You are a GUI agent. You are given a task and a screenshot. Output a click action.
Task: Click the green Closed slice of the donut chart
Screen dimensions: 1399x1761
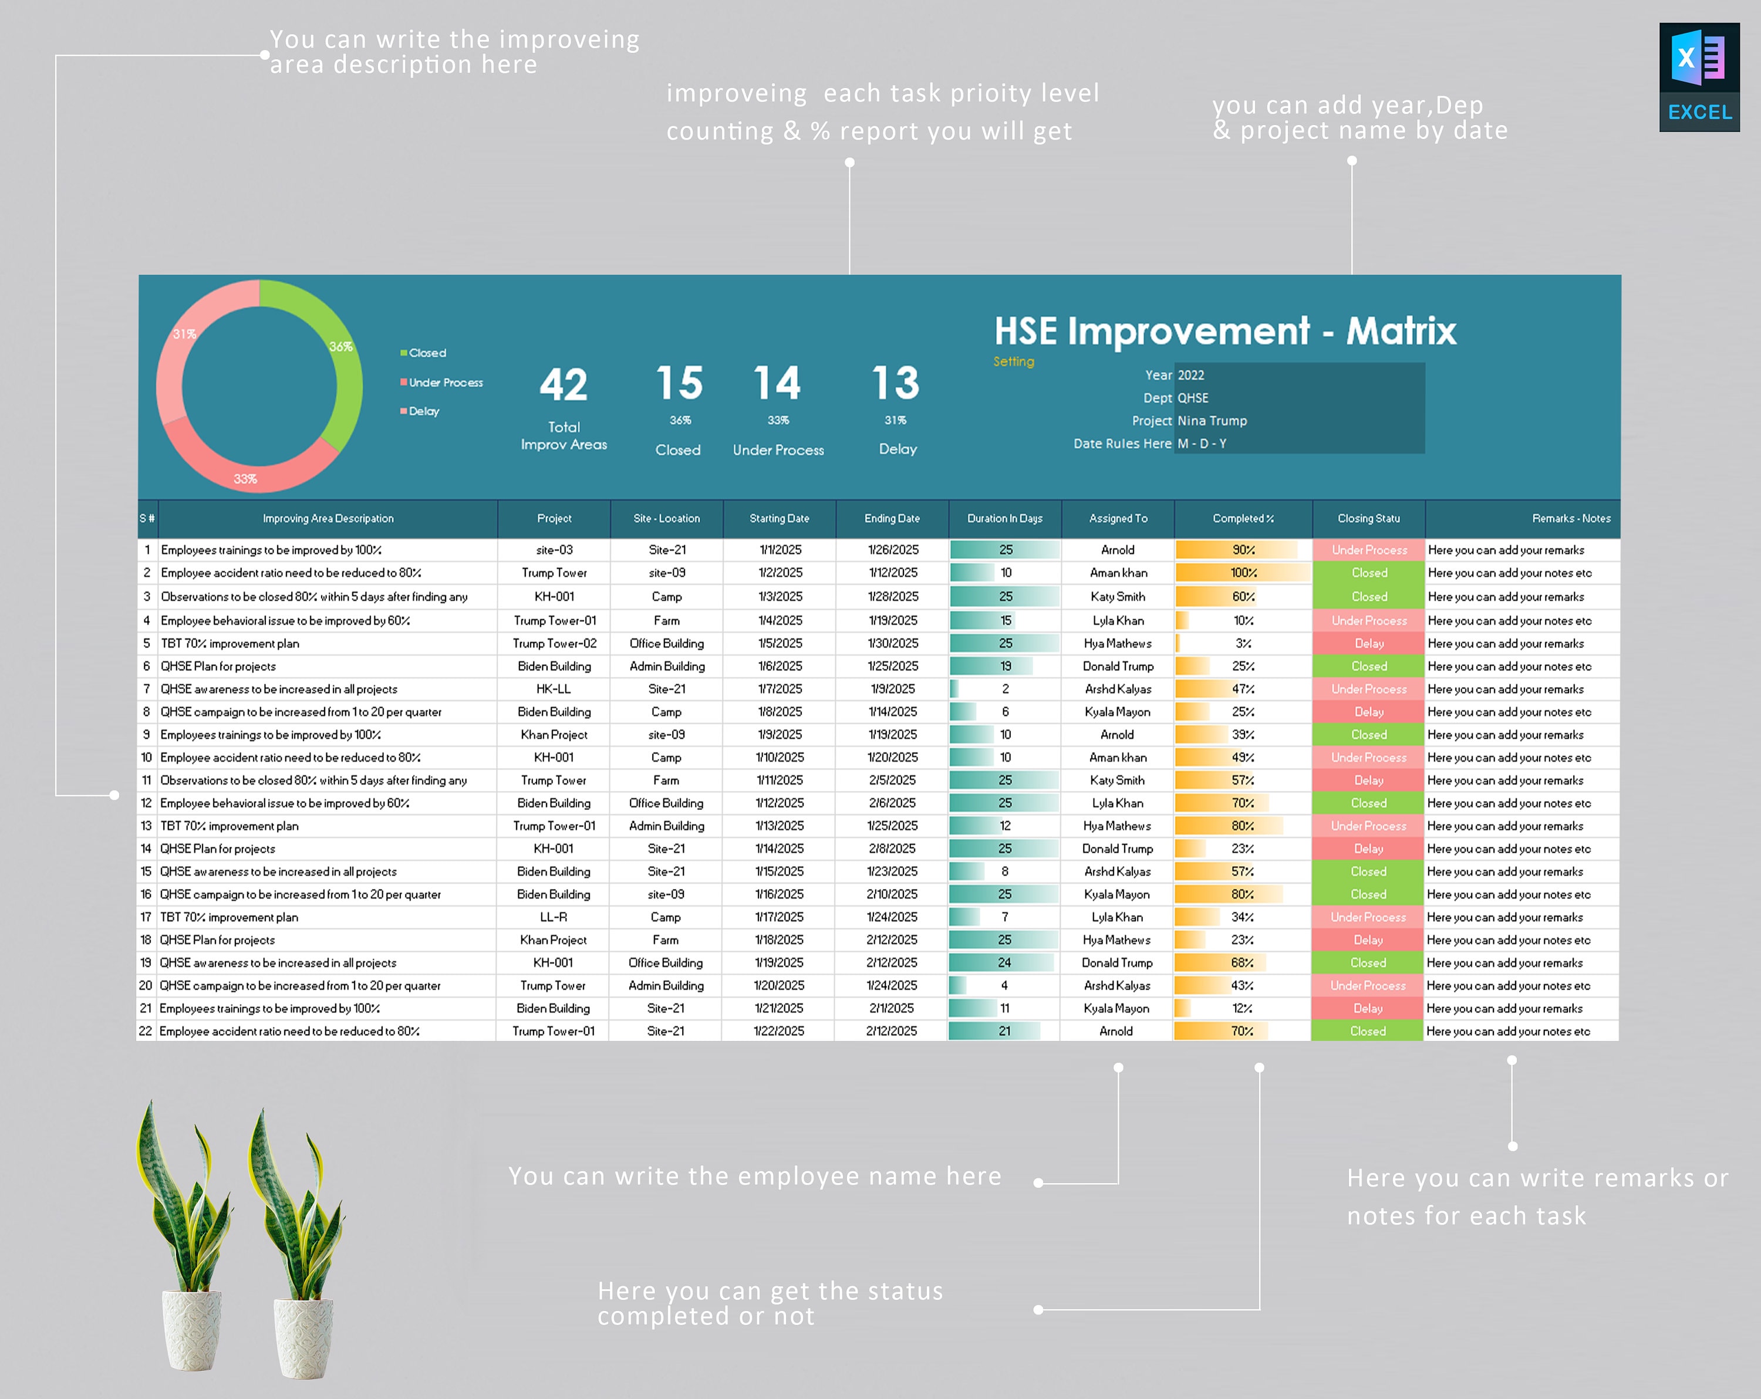tap(343, 367)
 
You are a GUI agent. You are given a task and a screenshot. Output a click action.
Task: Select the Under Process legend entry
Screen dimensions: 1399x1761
tap(445, 382)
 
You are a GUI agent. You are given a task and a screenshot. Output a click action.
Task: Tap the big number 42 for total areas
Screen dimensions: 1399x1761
tap(564, 384)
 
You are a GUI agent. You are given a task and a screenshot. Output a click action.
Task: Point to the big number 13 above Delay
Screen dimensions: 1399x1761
tap(895, 383)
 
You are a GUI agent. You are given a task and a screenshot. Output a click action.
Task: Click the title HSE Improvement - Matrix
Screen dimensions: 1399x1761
tap(1224, 331)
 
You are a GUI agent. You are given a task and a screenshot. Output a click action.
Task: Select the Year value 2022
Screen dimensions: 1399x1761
tap(1191, 375)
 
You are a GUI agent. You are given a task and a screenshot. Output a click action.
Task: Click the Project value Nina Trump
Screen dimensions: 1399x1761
tap(1212, 421)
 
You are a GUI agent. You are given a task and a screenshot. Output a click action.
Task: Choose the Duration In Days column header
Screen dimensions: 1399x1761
tap(1005, 519)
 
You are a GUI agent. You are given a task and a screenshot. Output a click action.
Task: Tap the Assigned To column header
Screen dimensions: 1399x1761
tap(1118, 519)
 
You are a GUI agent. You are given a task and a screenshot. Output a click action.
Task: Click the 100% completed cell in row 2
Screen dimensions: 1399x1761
tap(1243, 573)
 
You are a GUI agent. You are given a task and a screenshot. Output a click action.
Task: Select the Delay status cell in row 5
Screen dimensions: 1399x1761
tap(1369, 644)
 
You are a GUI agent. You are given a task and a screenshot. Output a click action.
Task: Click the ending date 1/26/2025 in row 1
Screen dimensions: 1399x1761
tap(893, 550)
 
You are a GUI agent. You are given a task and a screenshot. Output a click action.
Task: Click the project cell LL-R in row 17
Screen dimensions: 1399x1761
tap(553, 917)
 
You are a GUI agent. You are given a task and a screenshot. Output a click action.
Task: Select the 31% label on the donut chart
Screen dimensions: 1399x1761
tap(184, 334)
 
